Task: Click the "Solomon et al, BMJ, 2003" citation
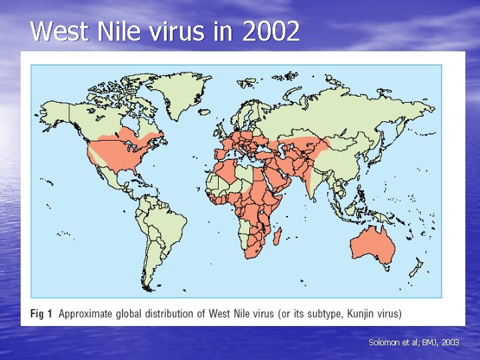pos(413,342)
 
